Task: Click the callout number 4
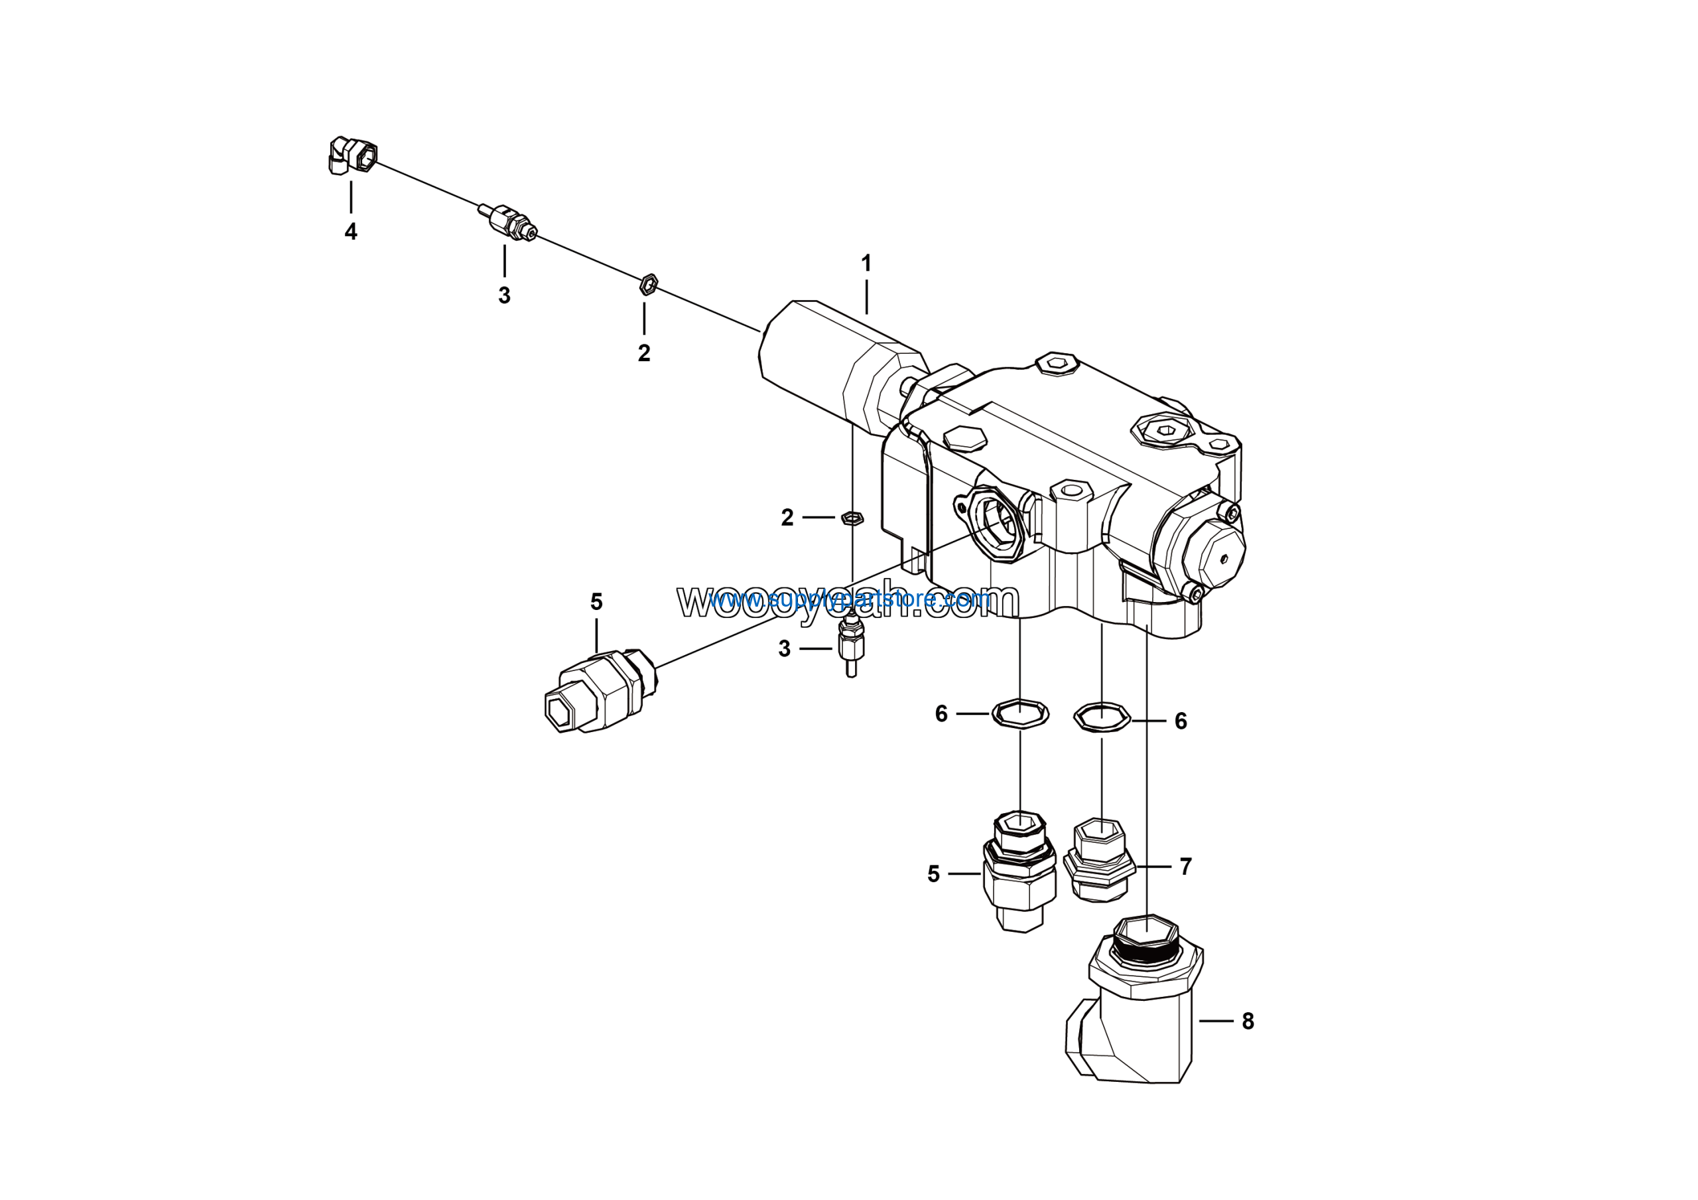click(351, 232)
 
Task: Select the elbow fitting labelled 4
click(352, 155)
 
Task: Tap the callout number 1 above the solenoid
click(866, 263)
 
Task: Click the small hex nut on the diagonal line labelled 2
click(648, 284)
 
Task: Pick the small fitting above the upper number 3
click(508, 222)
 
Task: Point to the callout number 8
click(1248, 1021)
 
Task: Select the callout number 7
click(1185, 866)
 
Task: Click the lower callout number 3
click(785, 649)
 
